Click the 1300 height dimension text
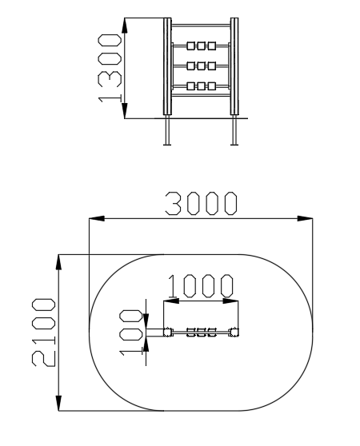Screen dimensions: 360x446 (x=110, y=68)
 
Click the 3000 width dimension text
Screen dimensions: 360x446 (x=201, y=203)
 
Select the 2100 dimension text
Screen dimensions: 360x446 (x=43, y=333)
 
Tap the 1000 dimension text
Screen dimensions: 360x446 (x=200, y=285)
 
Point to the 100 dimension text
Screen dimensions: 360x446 (x=130, y=333)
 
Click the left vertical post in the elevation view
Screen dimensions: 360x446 (x=167, y=66)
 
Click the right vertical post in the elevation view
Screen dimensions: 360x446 (x=234, y=66)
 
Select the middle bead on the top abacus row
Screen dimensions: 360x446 (x=202, y=46)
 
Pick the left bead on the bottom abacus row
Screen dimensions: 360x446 (x=191, y=86)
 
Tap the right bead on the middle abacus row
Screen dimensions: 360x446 (x=212, y=66)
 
